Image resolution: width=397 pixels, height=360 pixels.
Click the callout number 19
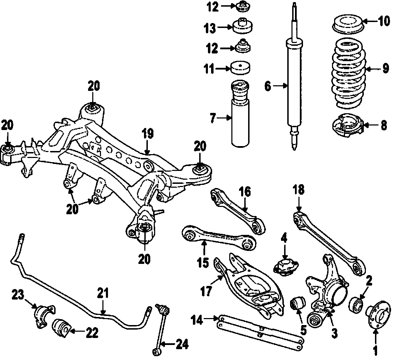coord(147,134)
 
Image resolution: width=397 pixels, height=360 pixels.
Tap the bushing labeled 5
coord(298,303)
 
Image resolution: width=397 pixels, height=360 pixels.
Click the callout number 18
coord(299,191)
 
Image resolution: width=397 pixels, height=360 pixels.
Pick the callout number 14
coord(198,319)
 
